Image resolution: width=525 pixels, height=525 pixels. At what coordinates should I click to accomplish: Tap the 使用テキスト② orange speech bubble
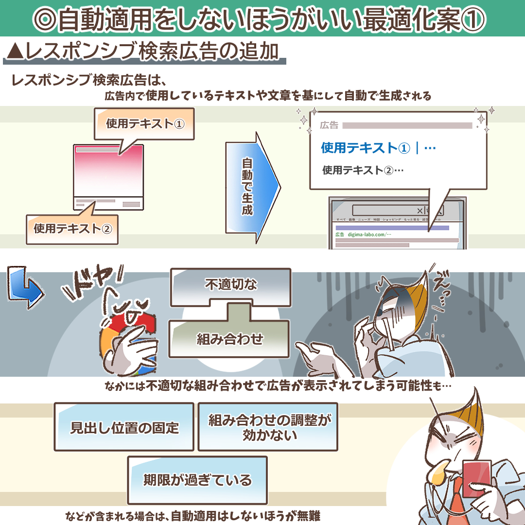click(72, 227)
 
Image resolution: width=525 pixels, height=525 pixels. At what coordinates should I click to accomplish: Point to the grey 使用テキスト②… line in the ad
click(363, 170)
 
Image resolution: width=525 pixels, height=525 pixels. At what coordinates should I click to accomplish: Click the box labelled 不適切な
click(230, 284)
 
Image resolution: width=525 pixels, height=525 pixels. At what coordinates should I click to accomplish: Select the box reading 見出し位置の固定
click(124, 427)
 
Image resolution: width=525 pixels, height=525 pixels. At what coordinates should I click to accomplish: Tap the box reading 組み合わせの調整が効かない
click(268, 426)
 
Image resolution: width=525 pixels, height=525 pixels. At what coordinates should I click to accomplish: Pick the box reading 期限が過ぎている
click(197, 480)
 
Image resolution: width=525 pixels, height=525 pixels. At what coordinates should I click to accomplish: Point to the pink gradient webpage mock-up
click(108, 170)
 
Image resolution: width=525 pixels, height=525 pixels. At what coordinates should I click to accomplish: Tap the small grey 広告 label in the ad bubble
click(329, 125)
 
